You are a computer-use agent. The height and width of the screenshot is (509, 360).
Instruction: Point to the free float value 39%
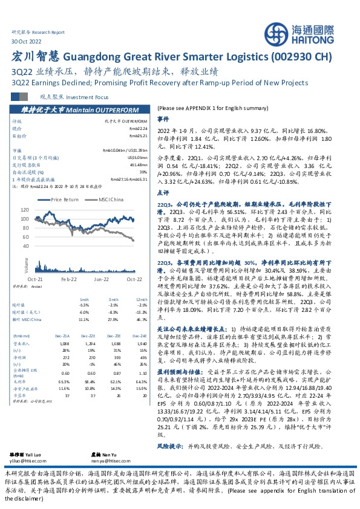click(144, 172)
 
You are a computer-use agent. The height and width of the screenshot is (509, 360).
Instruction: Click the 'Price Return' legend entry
click(65, 199)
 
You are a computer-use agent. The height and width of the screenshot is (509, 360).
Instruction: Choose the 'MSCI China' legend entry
click(111, 199)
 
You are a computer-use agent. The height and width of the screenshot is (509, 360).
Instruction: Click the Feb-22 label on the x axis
click(67, 279)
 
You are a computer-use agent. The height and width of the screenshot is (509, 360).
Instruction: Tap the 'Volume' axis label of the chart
click(27, 264)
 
